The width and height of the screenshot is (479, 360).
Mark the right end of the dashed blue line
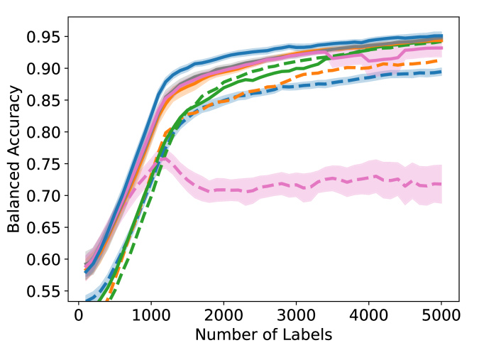pos(441,72)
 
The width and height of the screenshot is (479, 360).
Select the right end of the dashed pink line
pos(441,184)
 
